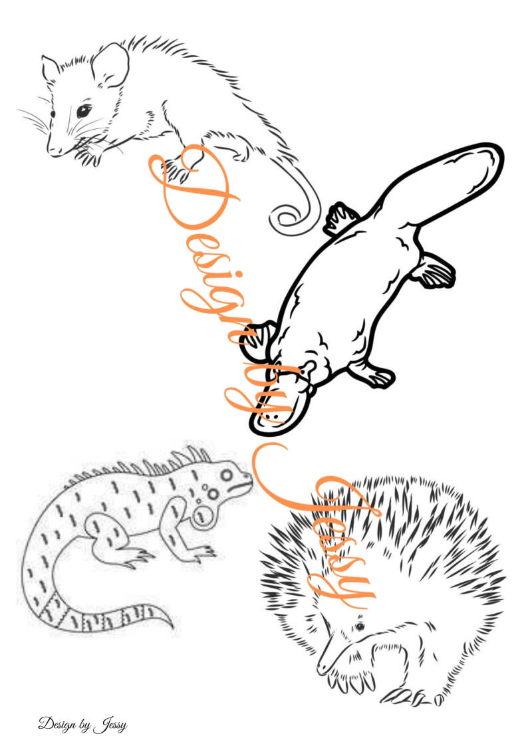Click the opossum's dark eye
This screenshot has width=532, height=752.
tap(84, 111)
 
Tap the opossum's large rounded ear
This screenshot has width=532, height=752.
tap(111, 64)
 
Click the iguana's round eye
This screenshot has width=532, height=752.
tap(226, 475)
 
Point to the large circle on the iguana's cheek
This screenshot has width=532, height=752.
tap(202, 515)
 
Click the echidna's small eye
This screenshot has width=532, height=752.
tap(359, 626)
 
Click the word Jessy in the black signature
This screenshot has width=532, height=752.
tap(111, 724)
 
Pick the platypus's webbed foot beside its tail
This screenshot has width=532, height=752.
tap(434, 271)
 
